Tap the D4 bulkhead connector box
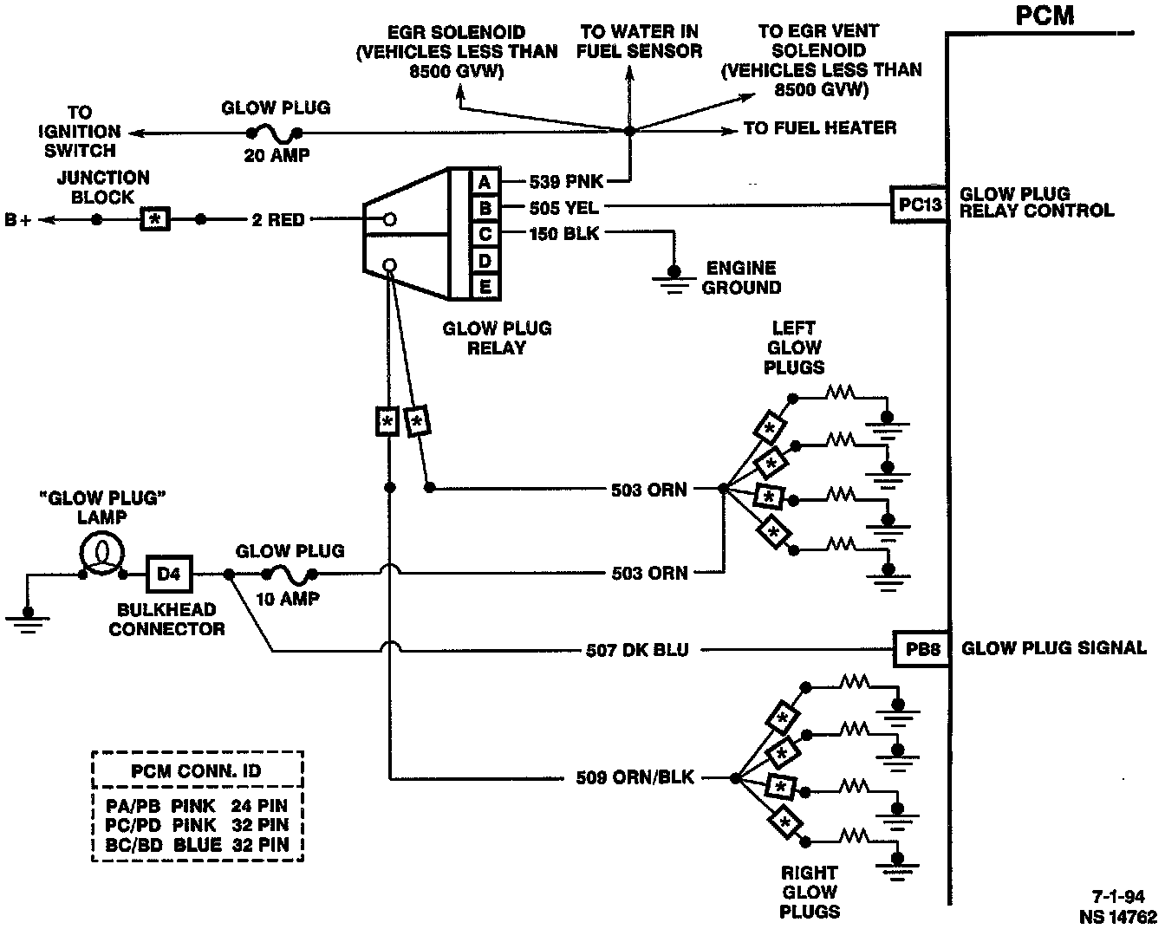169,573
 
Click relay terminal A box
485,182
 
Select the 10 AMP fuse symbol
289,574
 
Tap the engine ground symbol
672,278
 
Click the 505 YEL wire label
563,208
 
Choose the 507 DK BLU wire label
637,649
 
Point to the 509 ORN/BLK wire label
635,777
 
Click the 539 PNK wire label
565,182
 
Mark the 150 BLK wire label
563,234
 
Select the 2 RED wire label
277,220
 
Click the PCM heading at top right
1045,16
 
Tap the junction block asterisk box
155,219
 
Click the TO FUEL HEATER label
819,128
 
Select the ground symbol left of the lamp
29,617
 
